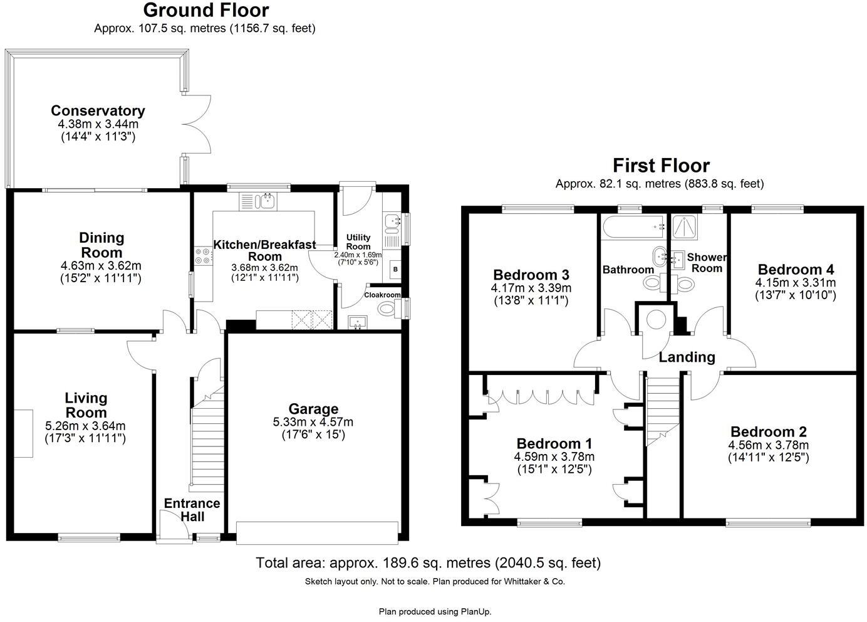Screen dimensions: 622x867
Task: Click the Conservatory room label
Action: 98,111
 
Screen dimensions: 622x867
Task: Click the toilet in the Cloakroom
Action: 389,308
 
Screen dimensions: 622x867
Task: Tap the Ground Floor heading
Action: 205,10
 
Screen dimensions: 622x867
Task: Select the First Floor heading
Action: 661,166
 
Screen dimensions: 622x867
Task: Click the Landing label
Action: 687,357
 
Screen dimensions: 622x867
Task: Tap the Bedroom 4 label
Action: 796,270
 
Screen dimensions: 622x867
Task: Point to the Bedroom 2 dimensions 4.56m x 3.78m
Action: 768,445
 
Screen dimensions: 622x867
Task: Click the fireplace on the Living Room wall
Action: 24,433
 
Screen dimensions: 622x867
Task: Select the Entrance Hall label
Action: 192,510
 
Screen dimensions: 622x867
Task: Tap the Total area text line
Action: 428,563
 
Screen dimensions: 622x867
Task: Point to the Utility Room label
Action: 358,241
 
